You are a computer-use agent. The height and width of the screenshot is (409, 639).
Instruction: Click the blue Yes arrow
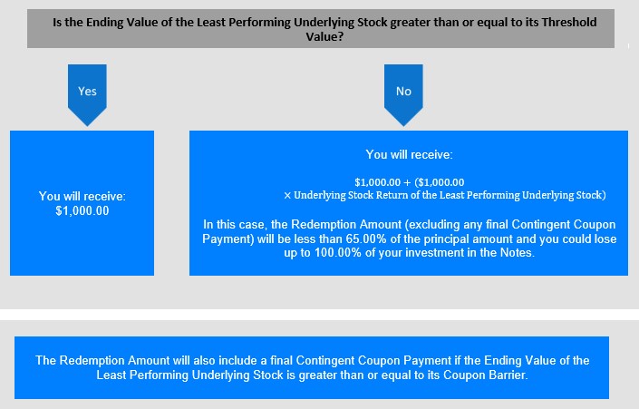[x=87, y=94]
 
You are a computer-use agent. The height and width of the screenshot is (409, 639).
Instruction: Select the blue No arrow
[x=403, y=94]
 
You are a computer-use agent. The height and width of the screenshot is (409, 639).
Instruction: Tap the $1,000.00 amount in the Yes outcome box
[x=82, y=210]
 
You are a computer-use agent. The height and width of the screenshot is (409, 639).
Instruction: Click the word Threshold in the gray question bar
[x=569, y=22]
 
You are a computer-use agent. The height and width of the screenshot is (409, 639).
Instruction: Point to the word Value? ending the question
[x=324, y=36]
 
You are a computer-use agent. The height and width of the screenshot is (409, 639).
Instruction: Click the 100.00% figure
[x=338, y=253]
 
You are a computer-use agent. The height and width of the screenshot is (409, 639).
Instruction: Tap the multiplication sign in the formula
[x=287, y=196]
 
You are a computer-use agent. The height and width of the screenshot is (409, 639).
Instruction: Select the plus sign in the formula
[x=407, y=182]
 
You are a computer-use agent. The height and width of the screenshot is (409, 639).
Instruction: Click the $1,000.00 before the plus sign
[x=377, y=182]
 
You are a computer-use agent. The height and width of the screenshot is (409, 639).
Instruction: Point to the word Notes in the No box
[x=517, y=253]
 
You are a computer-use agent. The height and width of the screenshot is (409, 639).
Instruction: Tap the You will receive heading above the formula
[x=409, y=154]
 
